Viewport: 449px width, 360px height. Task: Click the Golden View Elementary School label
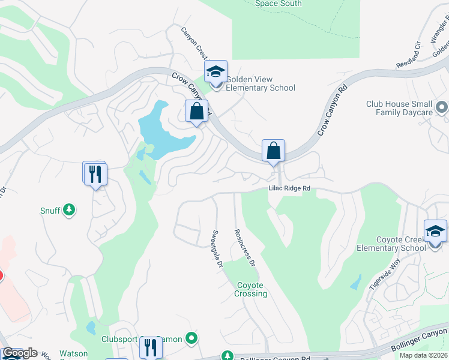(x=259, y=83)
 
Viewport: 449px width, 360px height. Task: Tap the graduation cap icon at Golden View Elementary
(x=215, y=72)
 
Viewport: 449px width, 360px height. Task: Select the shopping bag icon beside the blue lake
(x=196, y=111)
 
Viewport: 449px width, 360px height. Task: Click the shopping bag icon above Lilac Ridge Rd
(x=273, y=151)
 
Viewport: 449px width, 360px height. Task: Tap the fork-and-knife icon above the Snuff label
(x=95, y=174)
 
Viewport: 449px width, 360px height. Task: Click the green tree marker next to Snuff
(x=70, y=209)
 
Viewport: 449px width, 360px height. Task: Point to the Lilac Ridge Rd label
(x=289, y=188)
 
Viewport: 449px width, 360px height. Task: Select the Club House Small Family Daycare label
(x=399, y=108)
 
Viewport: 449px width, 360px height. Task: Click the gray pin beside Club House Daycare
(x=442, y=108)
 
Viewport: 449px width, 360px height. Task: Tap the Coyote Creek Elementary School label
(x=391, y=244)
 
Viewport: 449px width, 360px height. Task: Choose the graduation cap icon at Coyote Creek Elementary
(x=435, y=232)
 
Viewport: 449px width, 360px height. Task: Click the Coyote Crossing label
(x=251, y=289)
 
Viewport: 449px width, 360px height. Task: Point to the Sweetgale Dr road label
(x=217, y=248)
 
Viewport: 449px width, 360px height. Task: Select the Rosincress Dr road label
(x=245, y=247)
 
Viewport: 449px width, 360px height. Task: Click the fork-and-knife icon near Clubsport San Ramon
(x=150, y=348)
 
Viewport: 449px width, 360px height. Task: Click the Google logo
(x=19, y=353)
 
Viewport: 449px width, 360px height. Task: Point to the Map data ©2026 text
(x=424, y=355)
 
